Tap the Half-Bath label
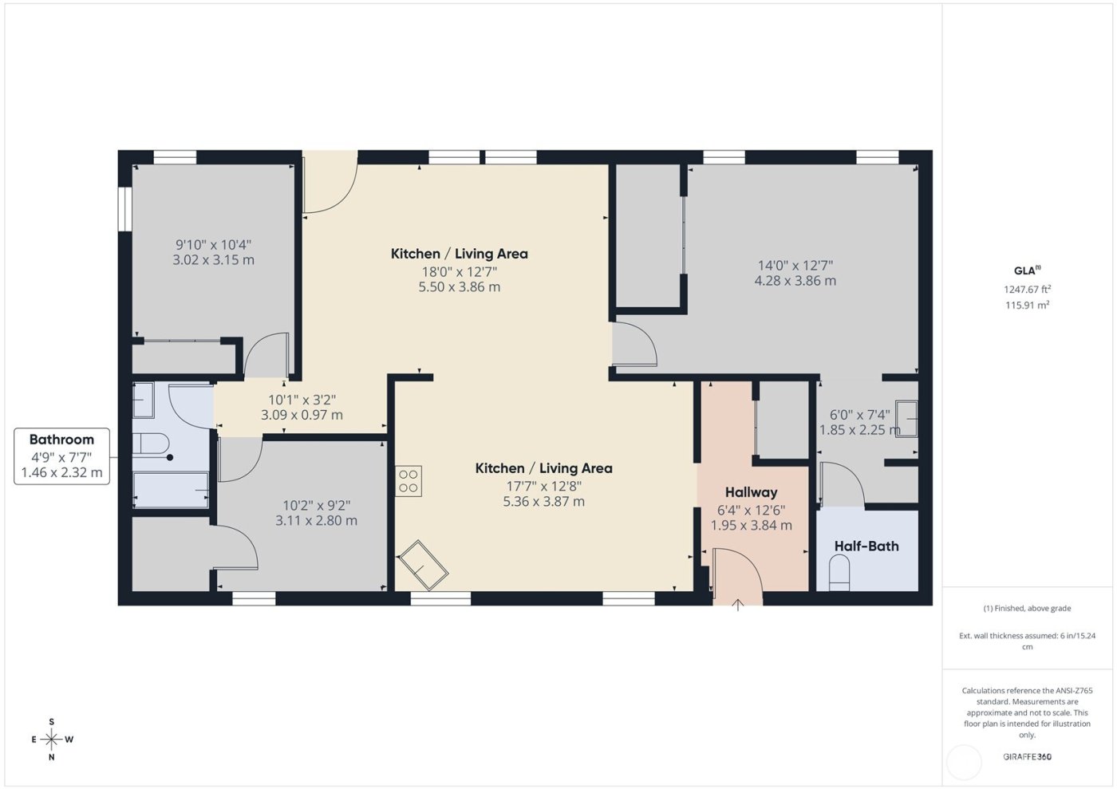[x=866, y=546]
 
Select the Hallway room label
[x=751, y=492]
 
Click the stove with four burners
[x=409, y=481]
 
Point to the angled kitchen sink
[x=424, y=565]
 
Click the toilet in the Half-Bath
[x=839, y=574]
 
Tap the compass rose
[x=52, y=740]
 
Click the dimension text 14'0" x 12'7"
[x=795, y=266]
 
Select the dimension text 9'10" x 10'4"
[x=213, y=245]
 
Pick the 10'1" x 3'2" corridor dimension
[x=302, y=400]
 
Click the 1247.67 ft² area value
[x=1027, y=290]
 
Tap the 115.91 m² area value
[x=1027, y=305]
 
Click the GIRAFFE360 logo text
[x=1027, y=756]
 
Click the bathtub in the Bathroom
[x=171, y=489]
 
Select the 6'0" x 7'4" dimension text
[x=859, y=415]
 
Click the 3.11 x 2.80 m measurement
[x=316, y=520]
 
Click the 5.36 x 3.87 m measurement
[x=543, y=502]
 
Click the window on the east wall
[x=124, y=209]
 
